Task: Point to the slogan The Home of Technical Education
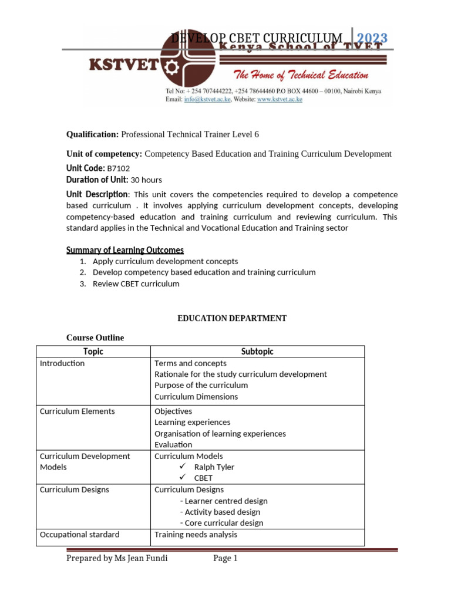301,75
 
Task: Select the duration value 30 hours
146,180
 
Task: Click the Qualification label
92,134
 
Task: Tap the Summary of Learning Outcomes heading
124,250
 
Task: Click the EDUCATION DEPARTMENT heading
232,318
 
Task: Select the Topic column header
93,352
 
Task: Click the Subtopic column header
257,352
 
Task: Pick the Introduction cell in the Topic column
62,363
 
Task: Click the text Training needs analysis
196,535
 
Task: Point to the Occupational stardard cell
79,535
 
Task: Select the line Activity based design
220,512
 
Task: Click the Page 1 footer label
225,558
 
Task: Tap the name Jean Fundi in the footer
147,558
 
